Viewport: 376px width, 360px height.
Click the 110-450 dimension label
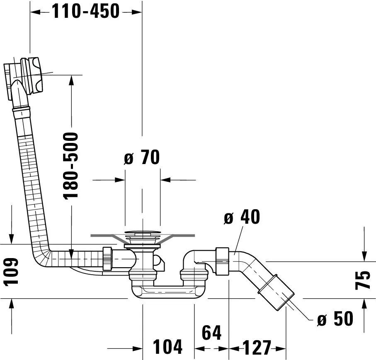point(86,11)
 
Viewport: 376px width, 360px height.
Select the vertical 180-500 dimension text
point(71,166)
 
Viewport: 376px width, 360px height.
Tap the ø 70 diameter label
point(142,157)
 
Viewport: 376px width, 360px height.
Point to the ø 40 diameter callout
point(242,217)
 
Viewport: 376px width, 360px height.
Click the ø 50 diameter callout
point(335,319)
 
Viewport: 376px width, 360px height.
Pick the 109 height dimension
point(11,272)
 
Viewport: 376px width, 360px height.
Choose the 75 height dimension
point(363,280)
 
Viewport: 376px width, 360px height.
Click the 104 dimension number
point(167,347)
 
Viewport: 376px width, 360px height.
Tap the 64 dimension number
point(211,333)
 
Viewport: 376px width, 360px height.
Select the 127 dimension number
point(257,348)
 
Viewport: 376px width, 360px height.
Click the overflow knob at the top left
point(32,76)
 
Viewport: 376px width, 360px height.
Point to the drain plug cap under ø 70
point(143,232)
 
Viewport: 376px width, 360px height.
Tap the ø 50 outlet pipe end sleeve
point(276,294)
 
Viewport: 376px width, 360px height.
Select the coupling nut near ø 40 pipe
point(222,261)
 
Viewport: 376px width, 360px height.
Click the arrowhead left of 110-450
point(35,12)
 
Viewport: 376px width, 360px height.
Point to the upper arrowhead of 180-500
point(71,80)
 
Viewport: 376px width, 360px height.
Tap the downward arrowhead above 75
point(364,256)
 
